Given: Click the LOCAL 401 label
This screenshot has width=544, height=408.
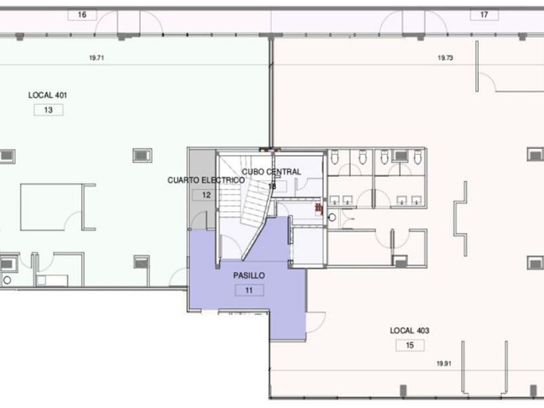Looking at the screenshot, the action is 47,95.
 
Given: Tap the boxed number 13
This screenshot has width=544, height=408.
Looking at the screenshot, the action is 49,110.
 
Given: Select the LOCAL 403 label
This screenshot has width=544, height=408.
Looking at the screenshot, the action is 409,330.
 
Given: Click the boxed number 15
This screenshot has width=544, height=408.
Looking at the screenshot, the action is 410,345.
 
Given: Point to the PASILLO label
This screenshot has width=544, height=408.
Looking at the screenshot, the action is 249,275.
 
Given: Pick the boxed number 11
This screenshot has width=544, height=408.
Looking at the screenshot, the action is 249,290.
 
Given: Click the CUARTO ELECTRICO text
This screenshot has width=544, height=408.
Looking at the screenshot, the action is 206,180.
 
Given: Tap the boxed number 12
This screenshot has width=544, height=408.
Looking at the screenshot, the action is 207,195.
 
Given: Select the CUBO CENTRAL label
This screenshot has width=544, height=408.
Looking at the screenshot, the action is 271,172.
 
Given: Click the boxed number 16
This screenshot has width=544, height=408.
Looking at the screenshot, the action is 82,14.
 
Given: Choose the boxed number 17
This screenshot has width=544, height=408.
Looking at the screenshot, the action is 484,14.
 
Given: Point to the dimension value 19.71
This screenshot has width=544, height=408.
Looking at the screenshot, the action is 96,58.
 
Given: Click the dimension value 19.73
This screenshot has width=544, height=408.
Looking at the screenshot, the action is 445,58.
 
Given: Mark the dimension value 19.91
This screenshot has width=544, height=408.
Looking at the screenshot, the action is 444,363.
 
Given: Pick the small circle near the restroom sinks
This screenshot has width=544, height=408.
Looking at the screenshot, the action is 332,217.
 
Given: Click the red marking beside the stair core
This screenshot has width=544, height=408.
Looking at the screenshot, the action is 318,207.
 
